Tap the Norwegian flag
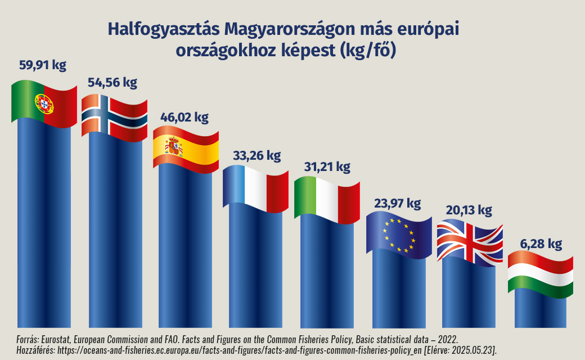coord(114,116)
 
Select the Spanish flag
coord(186,149)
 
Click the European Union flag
coord(398,235)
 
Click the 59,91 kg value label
coord(43,65)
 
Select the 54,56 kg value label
coord(112,83)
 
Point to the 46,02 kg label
coord(184,118)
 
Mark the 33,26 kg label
coord(256,155)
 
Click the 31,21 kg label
coord(326,167)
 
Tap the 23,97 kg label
coord(397,202)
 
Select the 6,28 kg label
coord(540,244)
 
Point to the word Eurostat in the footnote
coord(58,339)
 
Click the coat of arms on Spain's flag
coord(174,147)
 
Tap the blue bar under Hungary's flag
coord(540,312)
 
